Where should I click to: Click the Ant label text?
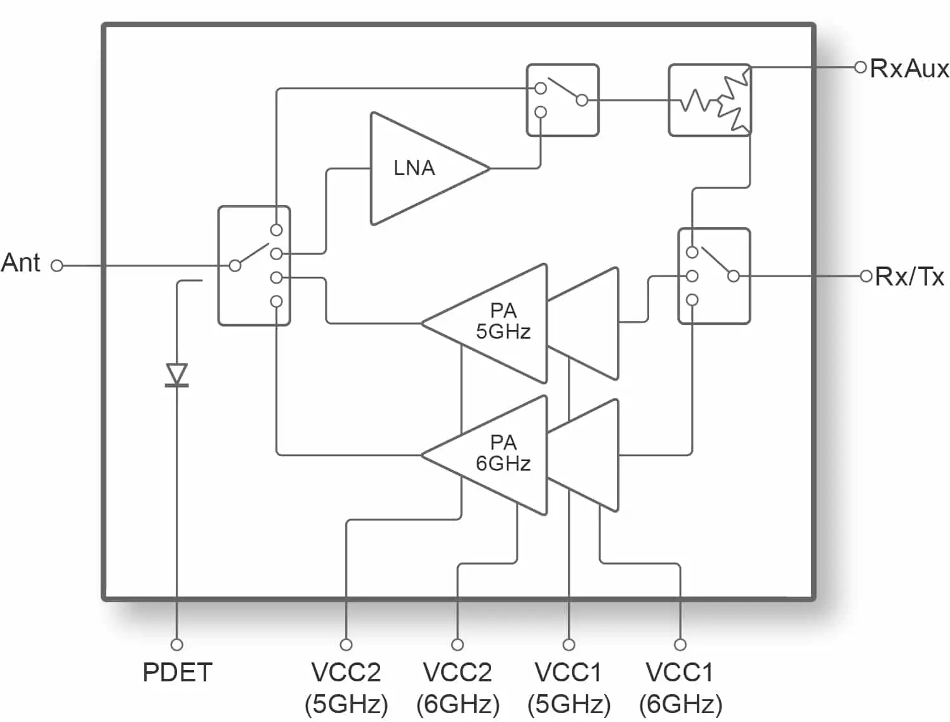click(21, 263)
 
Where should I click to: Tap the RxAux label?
click(909, 69)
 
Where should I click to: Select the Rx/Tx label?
click(909, 277)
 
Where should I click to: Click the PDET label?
click(177, 672)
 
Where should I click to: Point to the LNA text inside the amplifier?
click(414, 168)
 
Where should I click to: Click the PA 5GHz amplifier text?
click(503, 321)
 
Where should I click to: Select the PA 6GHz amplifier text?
click(503, 453)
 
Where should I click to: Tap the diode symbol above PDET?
click(176, 374)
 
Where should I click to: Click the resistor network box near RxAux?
click(709, 100)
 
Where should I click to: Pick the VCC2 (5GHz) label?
click(346, 688)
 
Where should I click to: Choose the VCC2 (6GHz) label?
click(458, 688)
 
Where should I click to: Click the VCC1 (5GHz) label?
click(569, 688)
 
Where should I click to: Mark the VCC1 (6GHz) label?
click(680, 688)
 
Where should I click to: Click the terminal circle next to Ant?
click(56, 266)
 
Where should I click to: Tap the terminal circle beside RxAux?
click(861, 67)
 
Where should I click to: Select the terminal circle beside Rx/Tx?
click(866, 276)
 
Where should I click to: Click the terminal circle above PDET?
click(176, 645)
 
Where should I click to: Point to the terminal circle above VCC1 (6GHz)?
click(680, 645)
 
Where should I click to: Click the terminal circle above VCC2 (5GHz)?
click(346, 645)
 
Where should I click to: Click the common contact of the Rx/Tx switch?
click(734, 276)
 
